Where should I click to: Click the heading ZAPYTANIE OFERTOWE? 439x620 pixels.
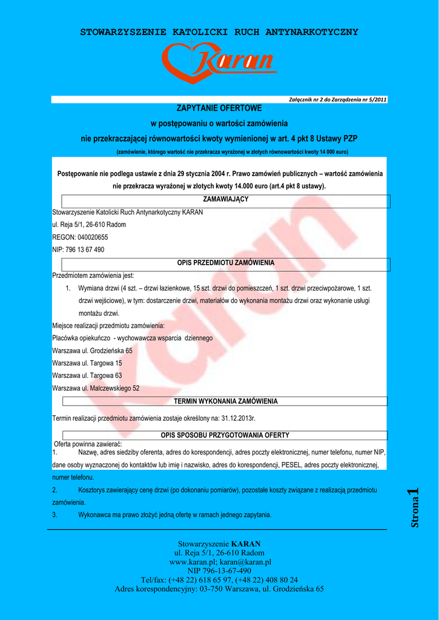pyautogui.click(x=219, y=108)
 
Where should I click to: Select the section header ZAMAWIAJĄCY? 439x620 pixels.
pyautogui.click(x=226, y=199)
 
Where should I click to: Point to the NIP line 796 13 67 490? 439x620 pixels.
pyautogui.click(x=78, y=249)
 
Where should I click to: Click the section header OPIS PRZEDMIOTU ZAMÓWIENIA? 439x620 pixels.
pyautogui.click(x=226, y=263)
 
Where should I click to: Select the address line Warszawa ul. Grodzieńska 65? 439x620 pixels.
pyautogui.click(x=92, y=351)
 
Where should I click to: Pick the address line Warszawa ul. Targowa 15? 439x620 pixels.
pyautogui.click(x=87, y=363)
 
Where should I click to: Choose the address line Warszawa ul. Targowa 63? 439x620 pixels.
pyautogui.click(x=87, y=375)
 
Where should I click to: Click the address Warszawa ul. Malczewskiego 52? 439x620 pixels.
pyautogui.click(x=96, y=388)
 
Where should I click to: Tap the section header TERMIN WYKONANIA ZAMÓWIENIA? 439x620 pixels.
pyautogui.click(x=226, y=401)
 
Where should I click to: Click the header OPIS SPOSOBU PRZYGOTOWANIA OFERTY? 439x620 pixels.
pyautogui.click(x=225, y=435)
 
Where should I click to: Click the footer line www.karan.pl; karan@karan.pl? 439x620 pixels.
pyautogui.click(x=219, y=562)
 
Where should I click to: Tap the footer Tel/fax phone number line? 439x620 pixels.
pyautogui.click(x=219, y=579)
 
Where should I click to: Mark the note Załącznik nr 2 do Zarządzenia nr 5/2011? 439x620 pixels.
pyautogui.click(x=338, y=99)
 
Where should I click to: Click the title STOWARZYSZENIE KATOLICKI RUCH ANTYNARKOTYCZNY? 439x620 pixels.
pyautogui.click(x=219, y=32)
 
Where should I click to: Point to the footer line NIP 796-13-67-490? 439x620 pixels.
pyautogui.click(x=219, y=570)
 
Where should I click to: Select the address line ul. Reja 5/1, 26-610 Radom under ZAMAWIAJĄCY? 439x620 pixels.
pyautogui.click(x=89, y=225)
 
